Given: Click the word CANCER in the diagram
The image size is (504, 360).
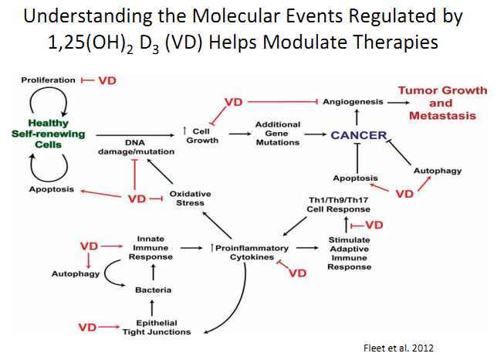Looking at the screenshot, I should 359,135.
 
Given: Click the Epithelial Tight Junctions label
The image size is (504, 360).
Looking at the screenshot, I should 156,328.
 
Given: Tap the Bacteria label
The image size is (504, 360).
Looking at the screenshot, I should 155,290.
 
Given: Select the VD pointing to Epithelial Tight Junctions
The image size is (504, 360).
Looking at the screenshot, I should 87,328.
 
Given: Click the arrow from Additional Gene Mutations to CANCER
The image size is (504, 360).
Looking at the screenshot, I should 313,135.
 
